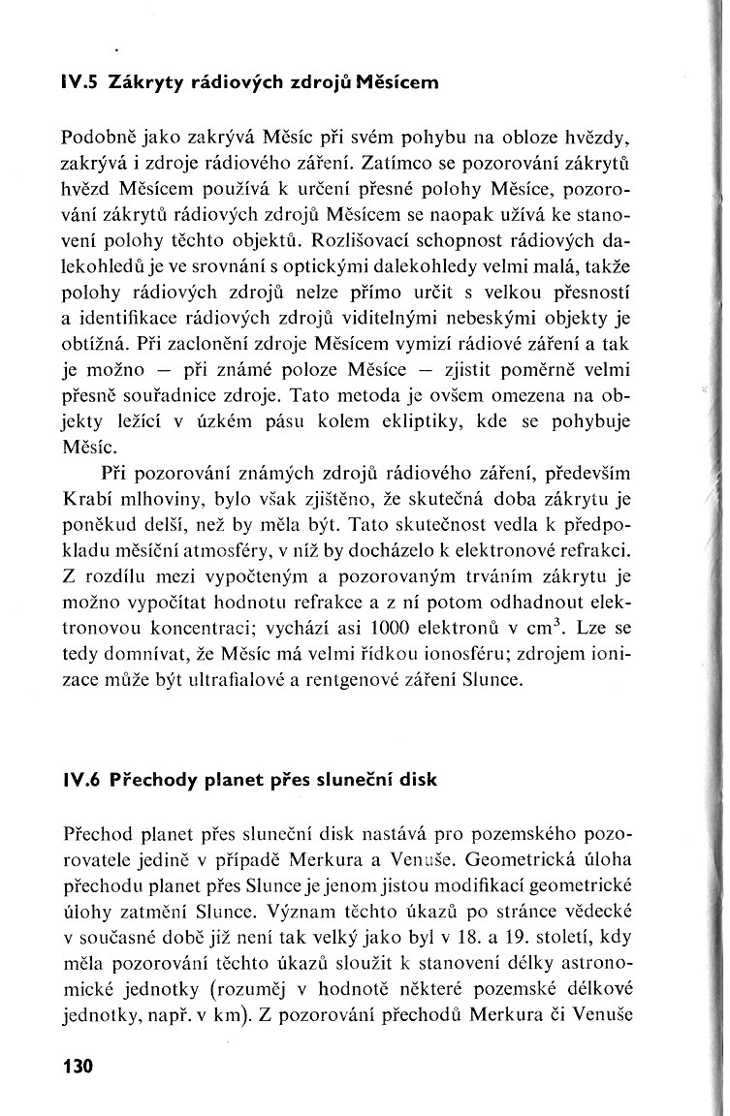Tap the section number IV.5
point(84,82)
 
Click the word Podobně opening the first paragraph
point(98,135)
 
